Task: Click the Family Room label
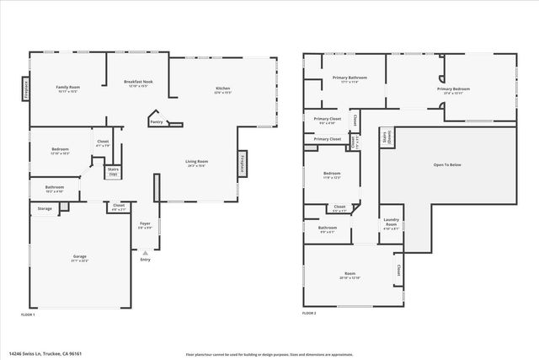pyautogui.click(x=67, y=87)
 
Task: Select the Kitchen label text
pyautogui.click(x=222, y=89)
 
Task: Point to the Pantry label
pyautogui.click(x=156, y=122)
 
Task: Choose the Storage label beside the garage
pyautogui.click(x=45, y=208)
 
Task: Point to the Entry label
pyautogui.click(x=146, y=260)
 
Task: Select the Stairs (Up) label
pyautogui.click(x=112, y=171)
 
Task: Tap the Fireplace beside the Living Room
pyautogui.click(x=243, y=163)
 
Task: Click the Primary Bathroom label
pyautogui.click(x=344, y=78)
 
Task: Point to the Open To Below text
pyautogui.click(x=446, y=164)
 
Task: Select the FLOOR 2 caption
pyautogui.click(x=309, y=314)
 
